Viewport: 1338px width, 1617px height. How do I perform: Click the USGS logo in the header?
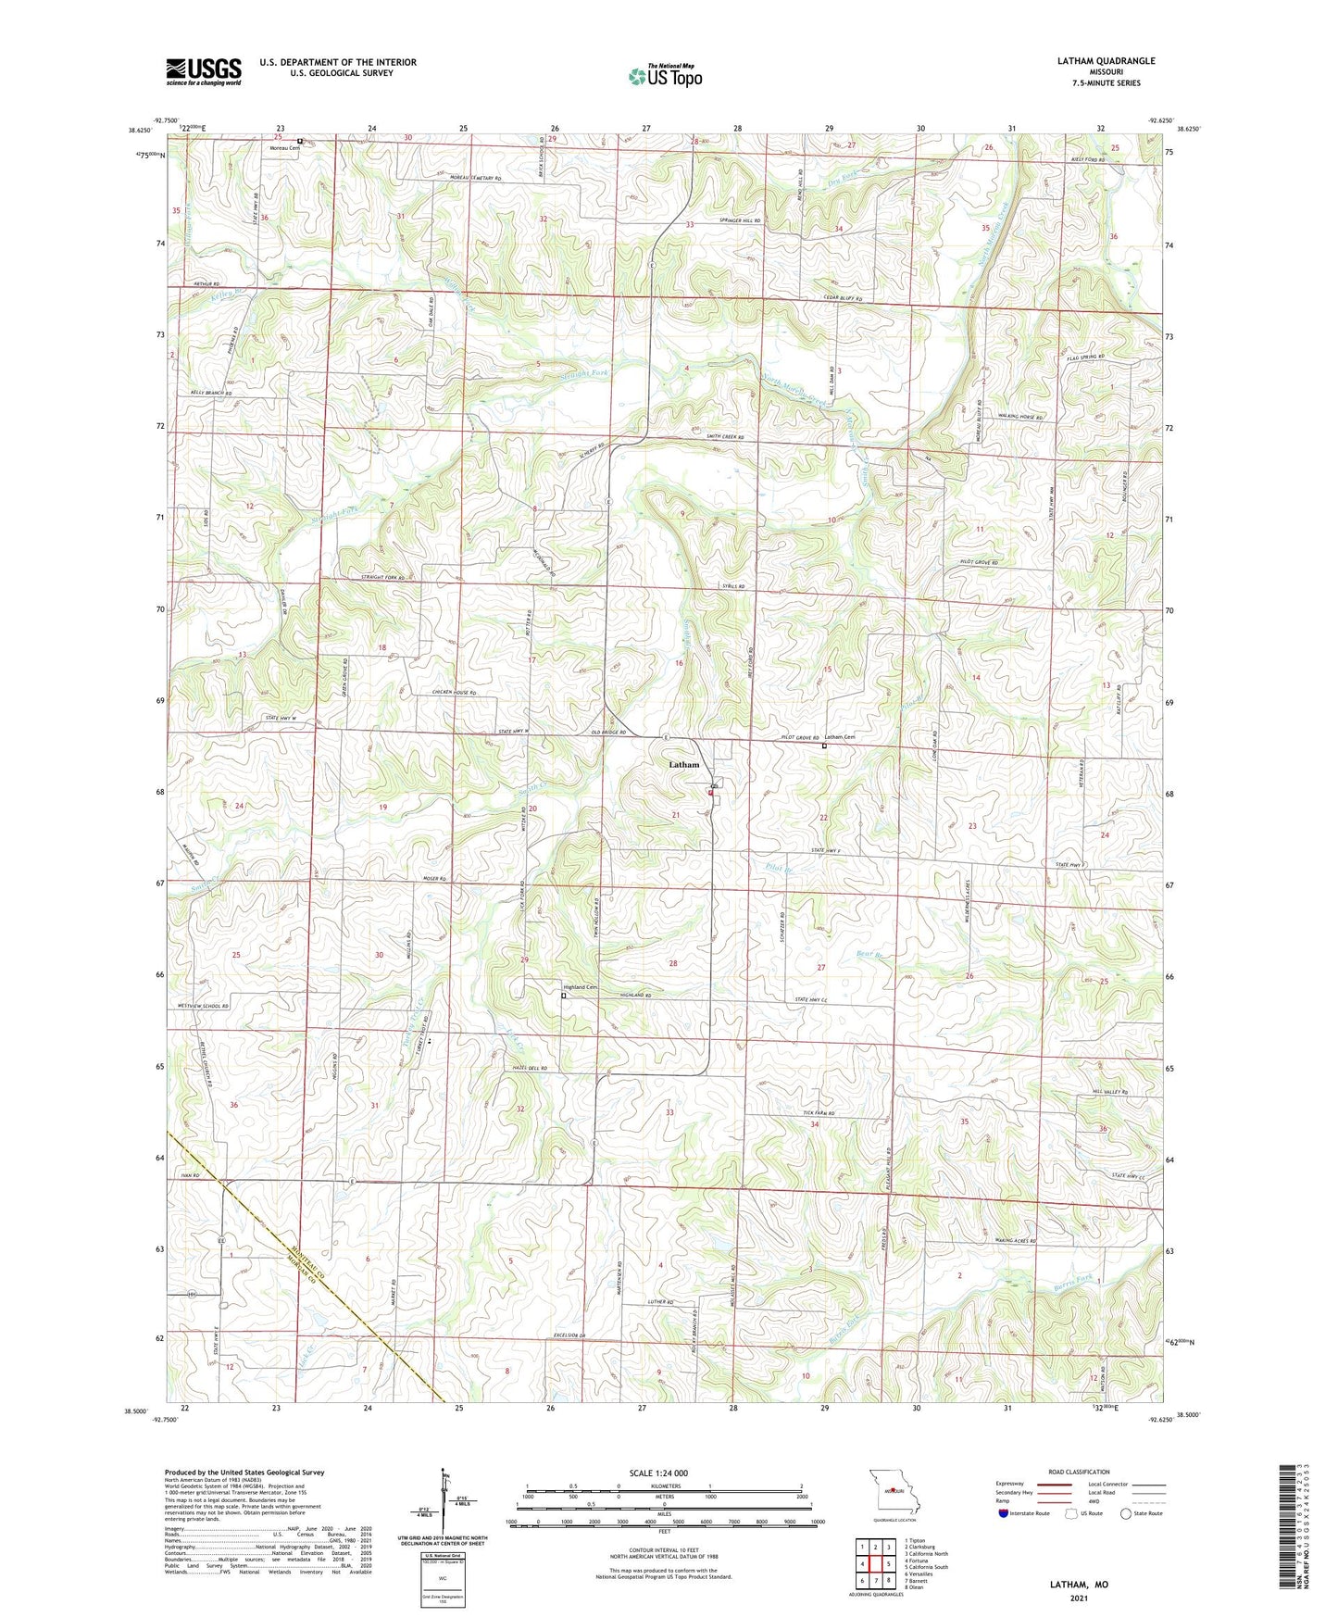click(x=204, y=70)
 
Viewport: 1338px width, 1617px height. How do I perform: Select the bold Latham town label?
click(x=684, y=765)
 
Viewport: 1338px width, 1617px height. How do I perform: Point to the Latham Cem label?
click(x=841, y=737)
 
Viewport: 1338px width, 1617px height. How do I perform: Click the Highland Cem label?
click(x=581, y=987)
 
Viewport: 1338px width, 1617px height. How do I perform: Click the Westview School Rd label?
click(x=202, y=1006)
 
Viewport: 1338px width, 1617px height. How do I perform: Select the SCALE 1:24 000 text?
click(x=658, y=1473)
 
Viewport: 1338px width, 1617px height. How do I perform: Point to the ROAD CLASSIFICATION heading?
click(x=1080, y=1472)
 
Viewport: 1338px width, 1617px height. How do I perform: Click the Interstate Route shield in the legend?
click(x=1004, y=1513)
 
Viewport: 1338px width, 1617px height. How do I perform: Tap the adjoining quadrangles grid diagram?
click(x=875, y=1565)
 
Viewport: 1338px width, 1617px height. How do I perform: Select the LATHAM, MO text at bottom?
click(x=1079, y=1585)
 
